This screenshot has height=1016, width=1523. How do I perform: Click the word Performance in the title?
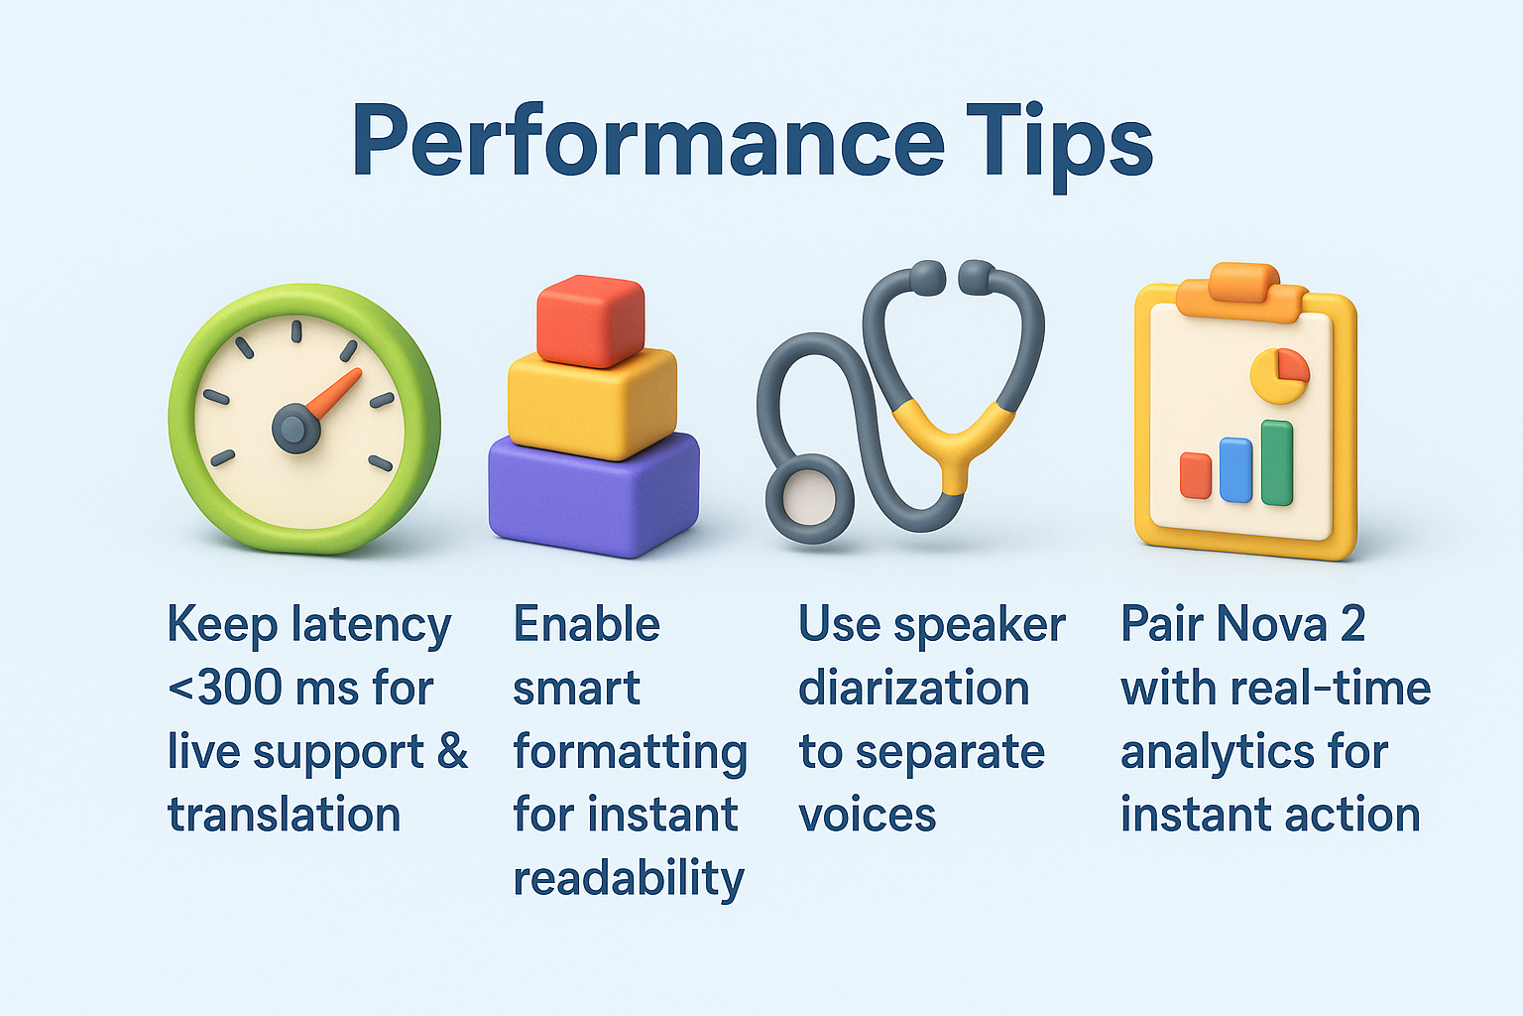[x=648, y=141]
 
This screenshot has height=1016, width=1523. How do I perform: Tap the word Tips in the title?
[x=1059, y=146]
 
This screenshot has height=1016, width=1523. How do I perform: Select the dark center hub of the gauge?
[x=295, y=429]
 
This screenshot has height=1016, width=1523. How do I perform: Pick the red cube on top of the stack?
[x=591, y=321]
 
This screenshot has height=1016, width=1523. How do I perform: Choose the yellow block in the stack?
[x=592, y=404]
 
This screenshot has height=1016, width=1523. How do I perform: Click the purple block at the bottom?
[x=594, y=495]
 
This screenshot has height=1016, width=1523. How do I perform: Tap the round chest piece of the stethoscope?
[x=809, y=499]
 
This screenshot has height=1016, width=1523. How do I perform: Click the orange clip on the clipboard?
[x=1240, y=292]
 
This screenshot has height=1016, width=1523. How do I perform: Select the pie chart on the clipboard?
[x=1280, y=376]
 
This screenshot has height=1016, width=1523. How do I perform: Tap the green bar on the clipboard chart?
[x=1277, y=462]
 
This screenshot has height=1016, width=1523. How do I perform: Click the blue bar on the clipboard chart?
[x=1235, y=470]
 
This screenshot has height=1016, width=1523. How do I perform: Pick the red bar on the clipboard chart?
[x=1195, y=475]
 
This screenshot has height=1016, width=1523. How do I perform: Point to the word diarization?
[x=914, y=688]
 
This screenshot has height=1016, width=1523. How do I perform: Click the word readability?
[x=629, y=878]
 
